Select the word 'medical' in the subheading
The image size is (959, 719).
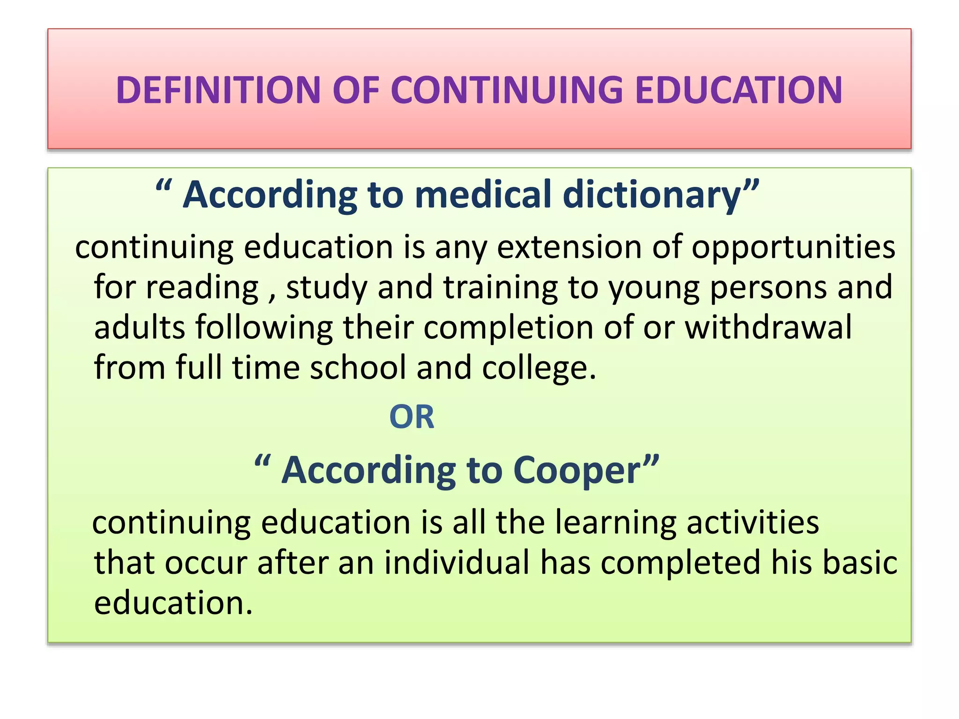point(483,195)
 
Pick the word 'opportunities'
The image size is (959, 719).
point(793,248)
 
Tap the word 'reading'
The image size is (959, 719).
point(202,288)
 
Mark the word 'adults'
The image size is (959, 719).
point(140,327)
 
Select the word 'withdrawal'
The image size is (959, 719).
point(768,327)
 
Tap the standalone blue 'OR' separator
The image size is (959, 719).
point(412,417)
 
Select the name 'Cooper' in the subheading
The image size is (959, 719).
point(577,471)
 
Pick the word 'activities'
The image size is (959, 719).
point(752,523)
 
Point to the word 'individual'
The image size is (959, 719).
point(457,563)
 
